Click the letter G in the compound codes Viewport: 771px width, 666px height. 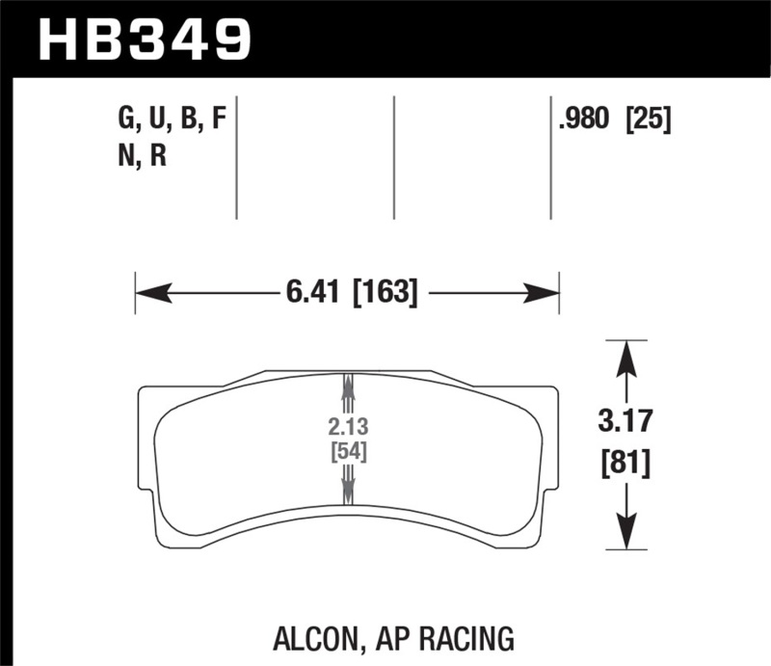pos(125,121)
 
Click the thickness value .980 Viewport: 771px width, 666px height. pos(585,121)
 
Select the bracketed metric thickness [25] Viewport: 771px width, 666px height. pos(648,121)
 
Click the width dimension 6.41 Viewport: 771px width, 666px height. pos(314,292)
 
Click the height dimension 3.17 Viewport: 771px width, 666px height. pos(625,422)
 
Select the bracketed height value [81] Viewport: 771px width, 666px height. pos(625,464)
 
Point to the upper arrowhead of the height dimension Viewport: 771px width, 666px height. pos(625,358)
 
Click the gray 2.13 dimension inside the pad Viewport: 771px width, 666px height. pos(347,427)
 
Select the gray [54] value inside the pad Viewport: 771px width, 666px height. pos(347,451)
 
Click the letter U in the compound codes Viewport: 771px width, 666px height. pos(156,121)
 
